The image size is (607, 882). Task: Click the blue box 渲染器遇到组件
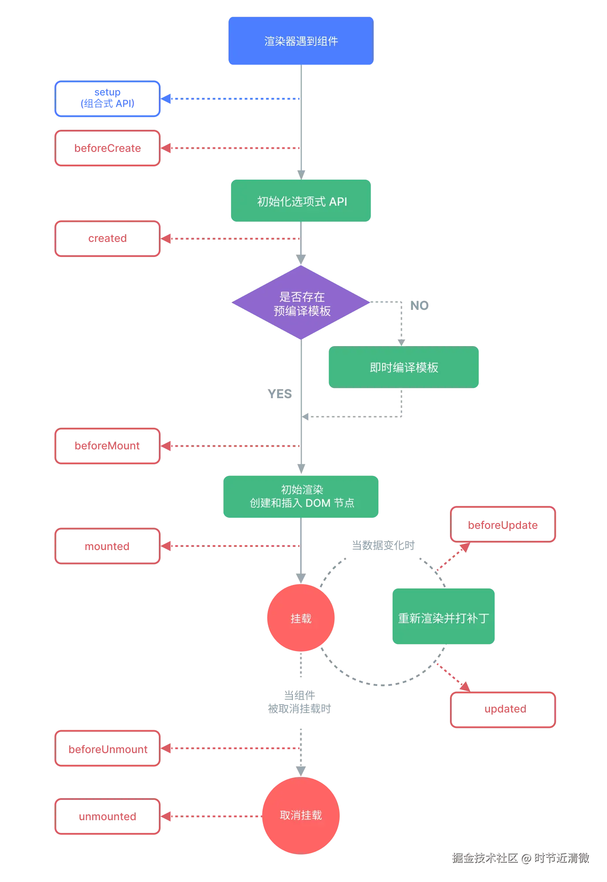click(x=301, y=41)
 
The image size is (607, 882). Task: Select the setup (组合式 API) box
click(x=107, y=98)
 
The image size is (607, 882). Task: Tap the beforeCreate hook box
click(x=107, y=148)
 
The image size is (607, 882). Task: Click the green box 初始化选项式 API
click(x=301, y=201)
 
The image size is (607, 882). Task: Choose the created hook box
click(x=107, y=238)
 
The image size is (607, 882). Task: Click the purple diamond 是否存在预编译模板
click(x=301, y=303)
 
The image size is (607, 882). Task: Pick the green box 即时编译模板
click(x=404, y=367)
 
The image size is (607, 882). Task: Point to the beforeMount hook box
click(x=107, y=446)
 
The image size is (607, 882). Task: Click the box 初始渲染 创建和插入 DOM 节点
click(x=301, y=496)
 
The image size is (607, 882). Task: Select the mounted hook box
click(x=107, y=546)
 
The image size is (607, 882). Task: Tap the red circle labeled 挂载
click(x=301, y=618)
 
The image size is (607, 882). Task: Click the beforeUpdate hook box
click(x=503, y=524)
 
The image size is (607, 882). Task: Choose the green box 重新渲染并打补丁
click(x=444, y=617)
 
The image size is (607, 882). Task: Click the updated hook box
click(x=503, y=709)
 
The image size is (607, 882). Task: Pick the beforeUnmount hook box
click(x=107, y=749)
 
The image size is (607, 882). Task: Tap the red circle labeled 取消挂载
click(x=301, y=815)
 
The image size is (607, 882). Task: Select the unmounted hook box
click(x=107, y=817)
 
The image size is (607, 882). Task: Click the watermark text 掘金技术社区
click(x=484, y=857)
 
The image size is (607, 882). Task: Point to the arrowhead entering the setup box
click(x=167, y=98)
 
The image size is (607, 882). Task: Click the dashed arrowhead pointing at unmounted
click(x=167, y=816)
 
